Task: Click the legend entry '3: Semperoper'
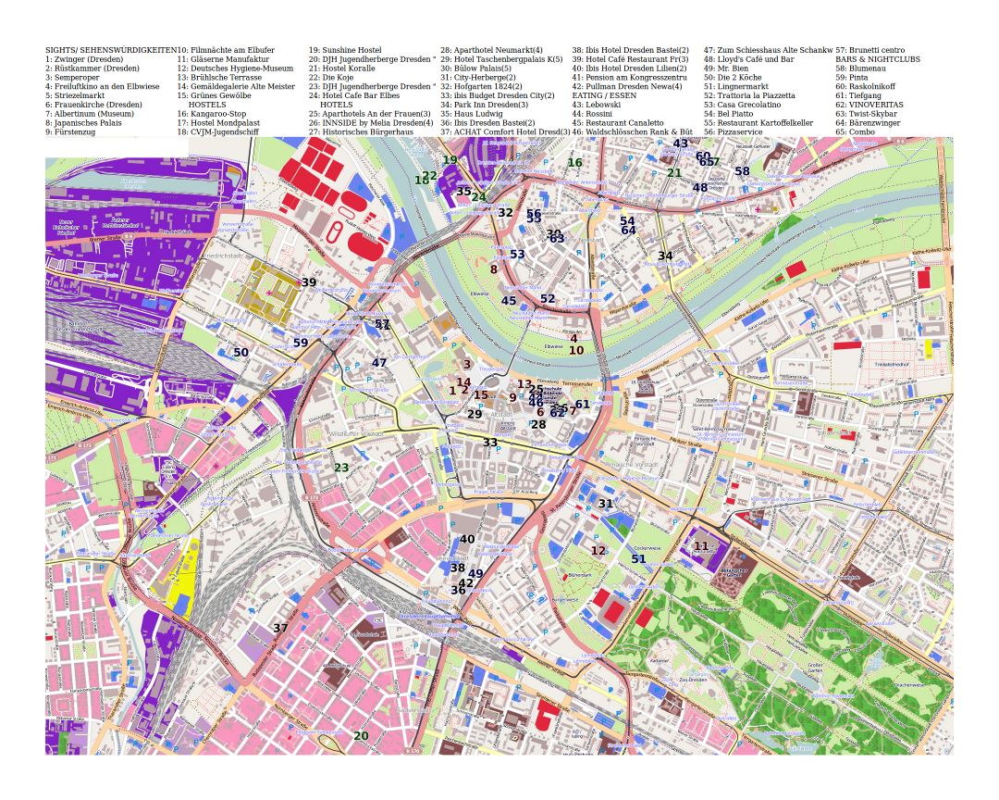pos(79,77)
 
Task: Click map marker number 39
pos(309,282)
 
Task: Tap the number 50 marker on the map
pos(240,353)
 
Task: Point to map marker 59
pos(301,343)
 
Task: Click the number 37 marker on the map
pos(280,628)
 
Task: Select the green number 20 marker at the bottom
pos(361,736)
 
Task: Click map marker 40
pos(467,539)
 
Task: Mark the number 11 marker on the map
pos(701,546)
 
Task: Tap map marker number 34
pos(665,256)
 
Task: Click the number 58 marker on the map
pos(742,171)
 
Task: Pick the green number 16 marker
pos(574,163)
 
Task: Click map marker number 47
pos(379,363)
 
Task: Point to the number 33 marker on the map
pos(490,443)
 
